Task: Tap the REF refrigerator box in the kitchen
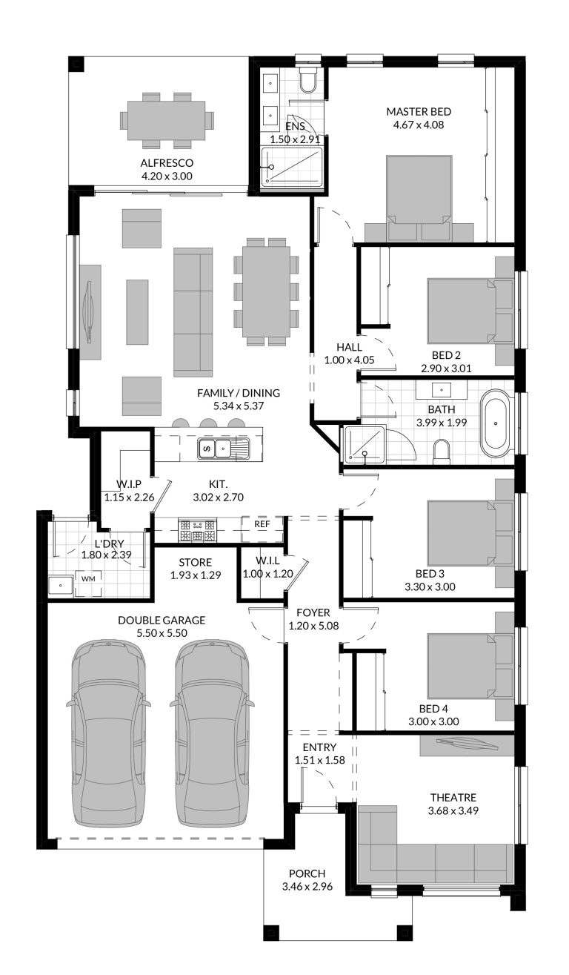[x=262, y=524]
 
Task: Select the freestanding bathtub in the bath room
[x=495, y=428]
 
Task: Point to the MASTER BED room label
[x=418, y=112]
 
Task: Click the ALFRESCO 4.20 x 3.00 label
[x=167, y=169]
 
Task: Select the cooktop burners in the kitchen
[x=198, y=530]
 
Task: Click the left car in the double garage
[x=109, y=730]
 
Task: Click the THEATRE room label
[x=453, y=798]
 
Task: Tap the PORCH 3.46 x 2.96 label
[x=307, y=880]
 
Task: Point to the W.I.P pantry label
[x=129, y=484]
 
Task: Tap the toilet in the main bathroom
[x=441, y=451]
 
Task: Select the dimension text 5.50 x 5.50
[x=161, y=633]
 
